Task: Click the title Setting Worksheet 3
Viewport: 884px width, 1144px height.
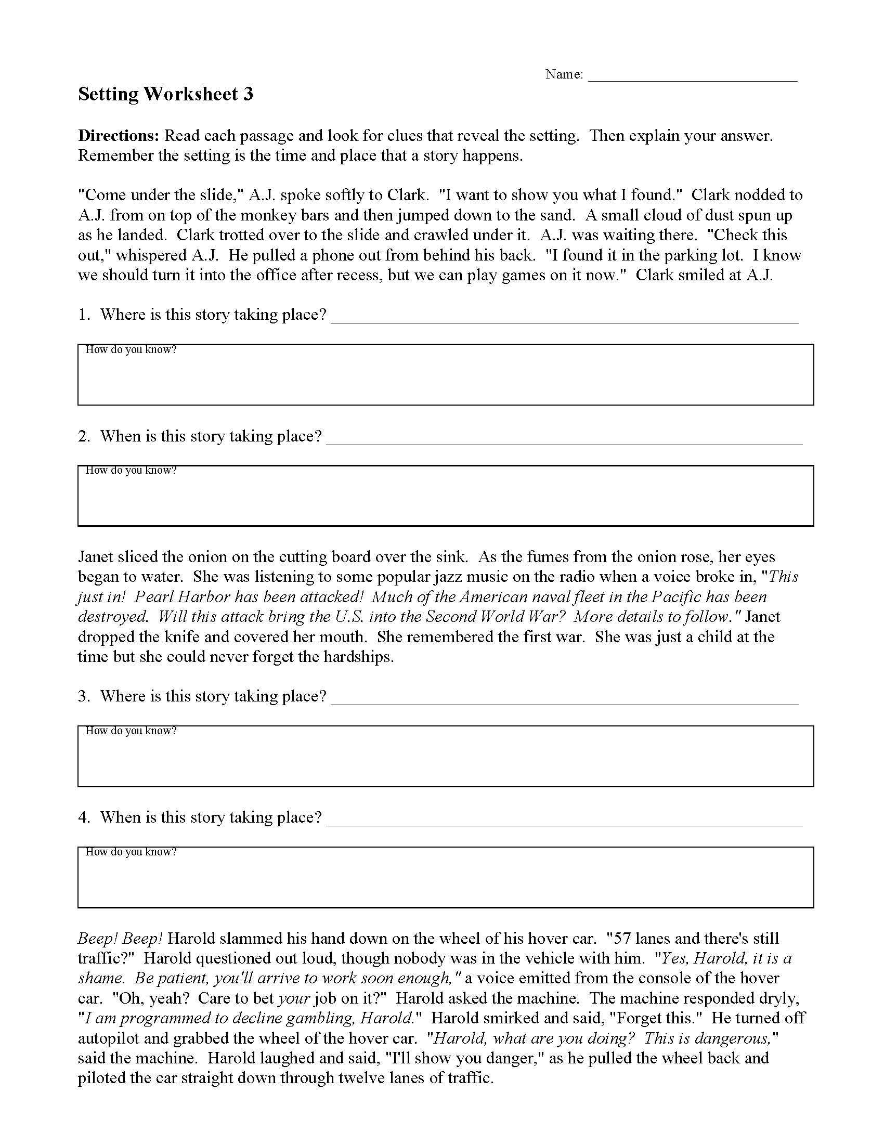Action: pyautogui.click(x=165, y=94)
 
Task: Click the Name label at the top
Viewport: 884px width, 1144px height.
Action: pyautogui.click(x=564, y=74)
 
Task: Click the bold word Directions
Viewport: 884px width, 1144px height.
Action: pyautogui.click(x=119, y=136)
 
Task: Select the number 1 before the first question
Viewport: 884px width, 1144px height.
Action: pyautogui.click(x=83, y=315)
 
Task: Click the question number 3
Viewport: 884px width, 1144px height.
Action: pyautogui.click(x=83, y=696)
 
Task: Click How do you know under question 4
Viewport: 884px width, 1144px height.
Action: pyautogui.click(x=131, y=852)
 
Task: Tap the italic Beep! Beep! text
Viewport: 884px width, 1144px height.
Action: pyautogui.click(x=121, y=939)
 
